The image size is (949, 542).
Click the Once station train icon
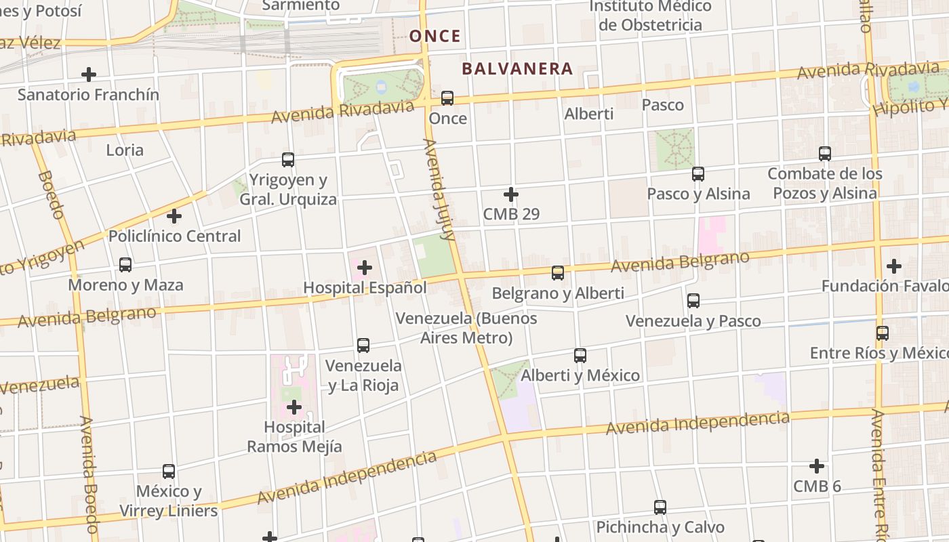coord(447,98)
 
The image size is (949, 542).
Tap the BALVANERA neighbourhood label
coord(518,68)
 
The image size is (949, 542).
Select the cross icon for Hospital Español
coord(365,268)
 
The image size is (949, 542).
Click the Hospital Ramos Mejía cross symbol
coord(294,407)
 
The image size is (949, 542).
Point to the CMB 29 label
coord(511,214)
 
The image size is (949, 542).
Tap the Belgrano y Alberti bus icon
coord(558,273)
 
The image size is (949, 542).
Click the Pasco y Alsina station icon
coord(698,174)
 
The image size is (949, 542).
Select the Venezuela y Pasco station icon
coord(693,301)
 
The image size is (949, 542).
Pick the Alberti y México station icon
coord(580,356)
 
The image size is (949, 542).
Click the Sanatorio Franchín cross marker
coord(89,75)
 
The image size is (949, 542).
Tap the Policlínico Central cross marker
coord(174,217)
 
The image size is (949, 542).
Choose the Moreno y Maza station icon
coord(125,265)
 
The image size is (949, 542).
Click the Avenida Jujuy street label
coord(439,190)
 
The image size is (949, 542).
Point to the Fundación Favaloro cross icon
coord(894,266)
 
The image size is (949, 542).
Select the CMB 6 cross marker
coord(817,466)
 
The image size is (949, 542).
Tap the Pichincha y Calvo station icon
coord(660,507)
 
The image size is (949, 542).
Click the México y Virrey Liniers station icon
coord(169,472)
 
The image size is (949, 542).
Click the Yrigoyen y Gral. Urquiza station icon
coord(288,160)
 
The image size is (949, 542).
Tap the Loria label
coord(125,150)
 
